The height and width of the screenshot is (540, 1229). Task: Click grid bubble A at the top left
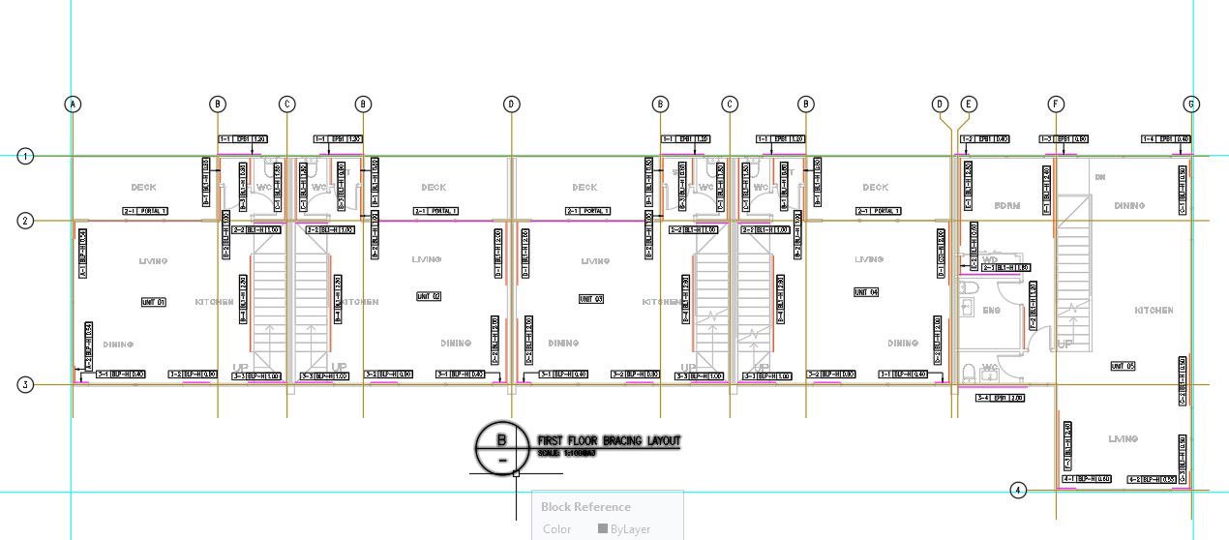coord(72,105)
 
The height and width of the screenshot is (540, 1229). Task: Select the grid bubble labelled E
coord(969,105)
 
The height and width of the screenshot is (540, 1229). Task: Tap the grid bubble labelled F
coord(1056,105)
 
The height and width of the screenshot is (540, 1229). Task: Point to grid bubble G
coord(1192,105)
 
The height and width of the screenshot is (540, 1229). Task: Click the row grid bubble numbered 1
coord(26,155)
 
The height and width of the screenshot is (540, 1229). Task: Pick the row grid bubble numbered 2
coord(26,221)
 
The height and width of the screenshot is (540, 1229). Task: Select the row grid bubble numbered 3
coord(26,384)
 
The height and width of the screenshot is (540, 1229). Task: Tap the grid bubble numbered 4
coord(1017,490)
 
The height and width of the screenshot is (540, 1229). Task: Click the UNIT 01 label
coord(154,303)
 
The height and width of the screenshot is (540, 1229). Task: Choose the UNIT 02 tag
coord(429,296)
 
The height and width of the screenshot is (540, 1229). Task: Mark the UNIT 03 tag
coord(591,299)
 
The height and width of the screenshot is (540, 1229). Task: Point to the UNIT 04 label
coord(866,292)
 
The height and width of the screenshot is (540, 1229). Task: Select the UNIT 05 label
coord(1123,366)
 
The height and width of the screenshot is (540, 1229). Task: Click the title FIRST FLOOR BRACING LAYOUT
coord(609,441)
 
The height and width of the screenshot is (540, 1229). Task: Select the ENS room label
coord(991,311)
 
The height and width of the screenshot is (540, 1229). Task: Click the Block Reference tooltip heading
coord(585,507)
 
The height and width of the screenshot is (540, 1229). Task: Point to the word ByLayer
coord(630,529)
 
